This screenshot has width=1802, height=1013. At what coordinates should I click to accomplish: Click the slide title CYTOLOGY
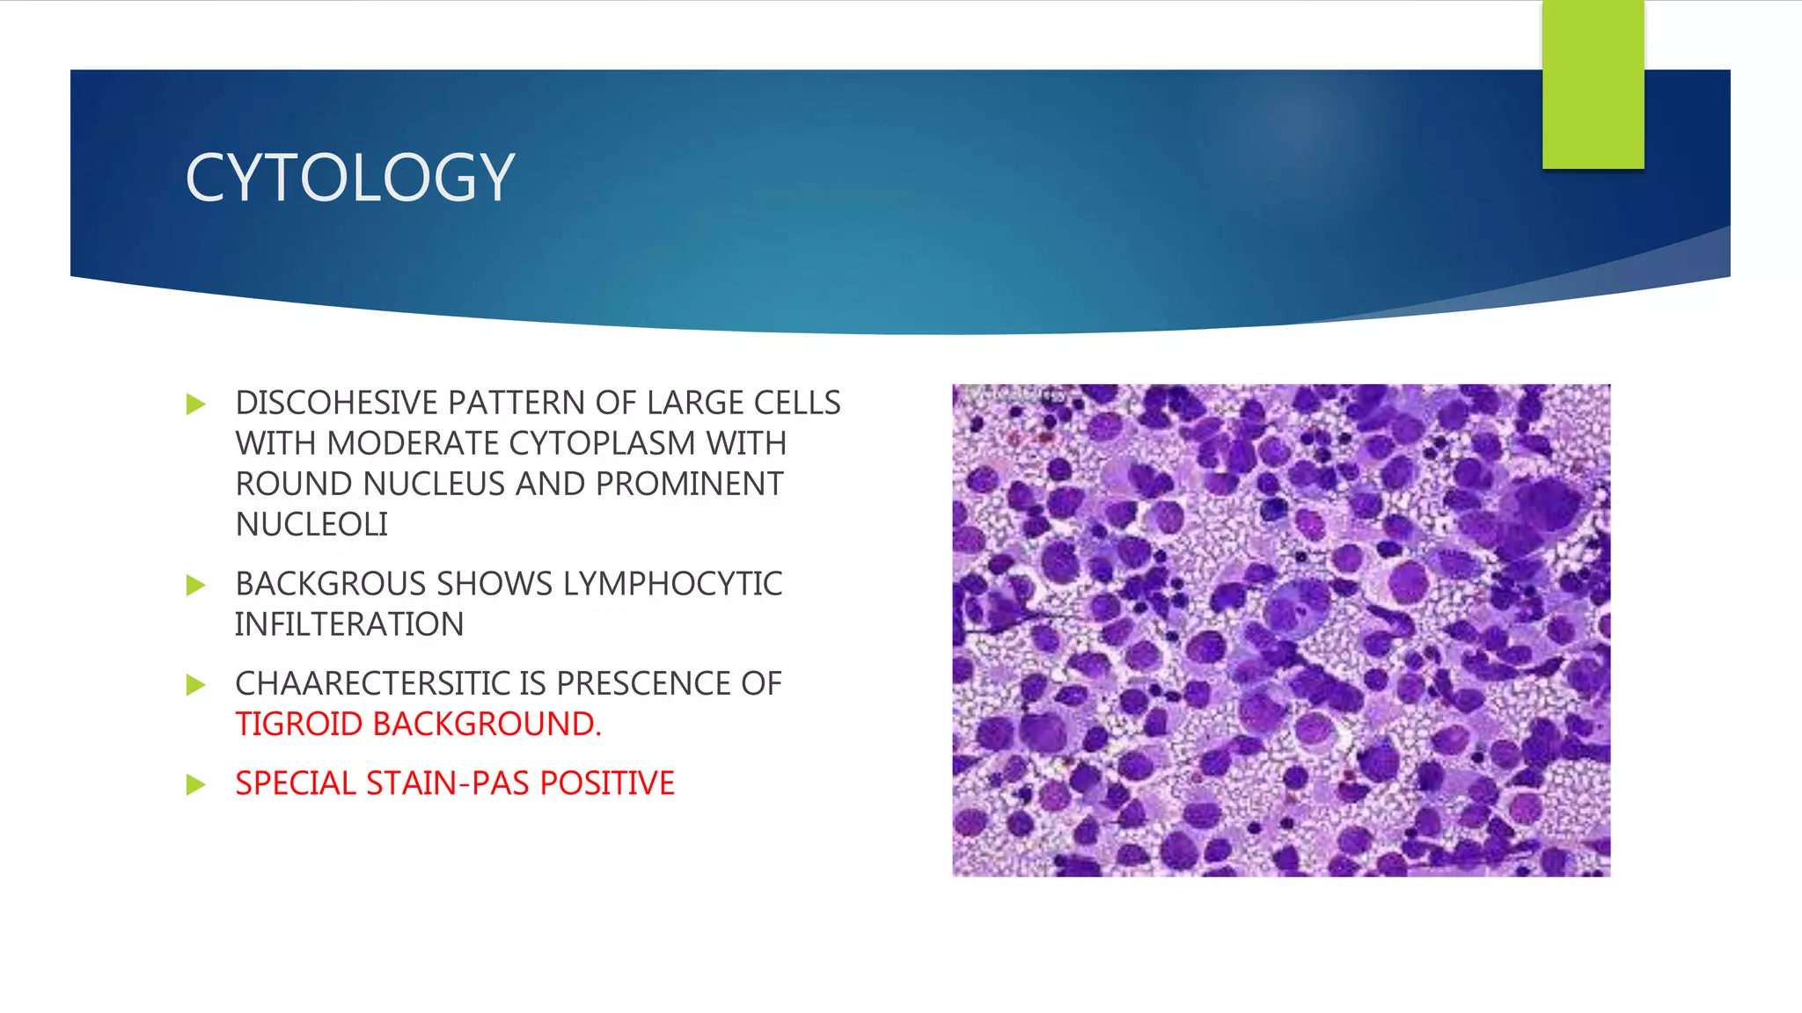(349, 179)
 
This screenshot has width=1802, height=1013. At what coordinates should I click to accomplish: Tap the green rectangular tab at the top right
(1593, 84)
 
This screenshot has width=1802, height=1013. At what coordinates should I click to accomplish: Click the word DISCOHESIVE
(336, 404)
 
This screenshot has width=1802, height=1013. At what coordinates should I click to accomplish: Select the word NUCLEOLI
(311, 525)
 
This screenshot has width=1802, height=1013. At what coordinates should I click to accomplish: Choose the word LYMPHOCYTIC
(672, 585)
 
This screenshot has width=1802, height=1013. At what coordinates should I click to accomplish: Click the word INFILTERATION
(349, 625)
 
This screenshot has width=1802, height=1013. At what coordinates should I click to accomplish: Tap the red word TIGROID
(299, 725)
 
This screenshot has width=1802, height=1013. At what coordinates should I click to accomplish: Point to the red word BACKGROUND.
(487, 725)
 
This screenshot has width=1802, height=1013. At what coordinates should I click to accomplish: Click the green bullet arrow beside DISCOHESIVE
(195, 404)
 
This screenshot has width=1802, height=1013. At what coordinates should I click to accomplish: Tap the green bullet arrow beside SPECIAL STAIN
(195, 784)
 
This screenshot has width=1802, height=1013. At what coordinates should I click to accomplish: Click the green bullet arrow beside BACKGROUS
(195, 586)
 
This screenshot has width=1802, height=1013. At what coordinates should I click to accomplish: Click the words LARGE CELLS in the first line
(744, 404)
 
